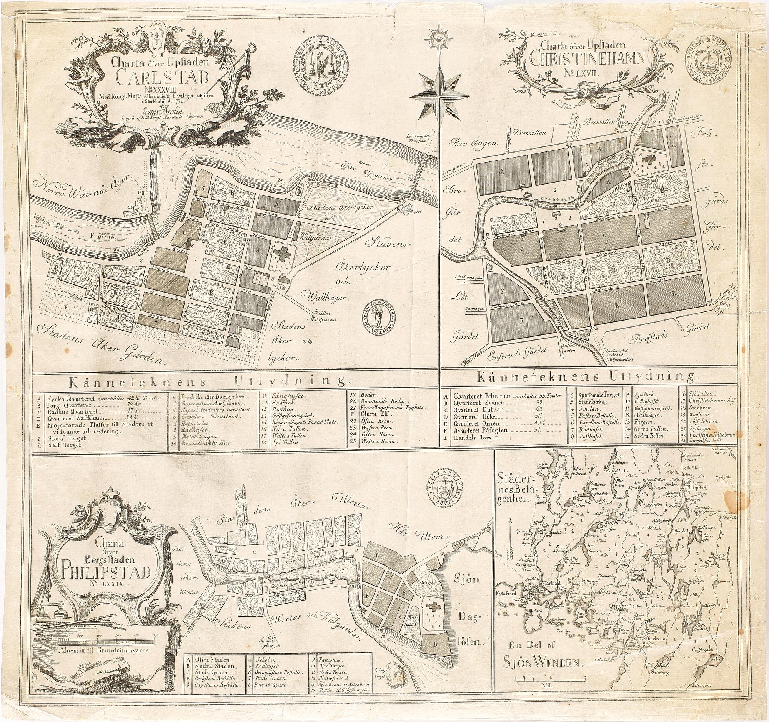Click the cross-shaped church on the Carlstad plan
pyautogui.click(x=284, y=255)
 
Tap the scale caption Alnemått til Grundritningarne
pyautogui.click(x=106, y=650)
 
